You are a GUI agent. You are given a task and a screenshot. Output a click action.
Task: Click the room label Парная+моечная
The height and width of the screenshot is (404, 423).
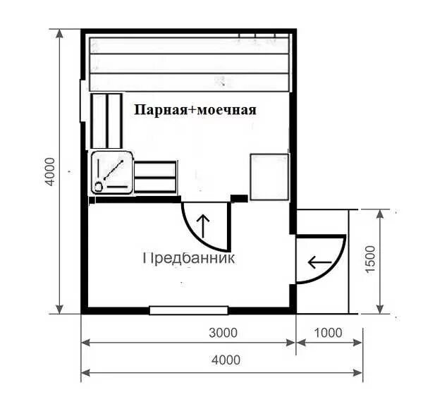click(x=195, y=110)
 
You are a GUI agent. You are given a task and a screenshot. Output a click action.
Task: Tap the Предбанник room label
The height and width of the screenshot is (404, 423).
click(x=188, y=258)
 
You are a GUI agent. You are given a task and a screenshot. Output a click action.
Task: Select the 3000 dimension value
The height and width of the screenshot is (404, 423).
click(x=223, y=333)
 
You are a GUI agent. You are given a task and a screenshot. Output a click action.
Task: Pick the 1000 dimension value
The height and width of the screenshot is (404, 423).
click(x=328, y=333)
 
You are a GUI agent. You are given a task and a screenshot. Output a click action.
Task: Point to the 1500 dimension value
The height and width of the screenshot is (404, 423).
click(x=370, y=259)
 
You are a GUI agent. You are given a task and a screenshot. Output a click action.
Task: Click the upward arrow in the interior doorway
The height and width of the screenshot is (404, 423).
click(x=203, y=226)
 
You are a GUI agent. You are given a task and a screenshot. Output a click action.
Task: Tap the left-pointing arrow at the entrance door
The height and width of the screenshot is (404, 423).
click(x=319, y=262)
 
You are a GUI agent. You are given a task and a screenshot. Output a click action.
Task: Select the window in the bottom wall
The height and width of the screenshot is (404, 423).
click(x=189, y=310)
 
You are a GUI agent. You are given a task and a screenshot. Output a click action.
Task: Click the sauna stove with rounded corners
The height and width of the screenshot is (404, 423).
click(x=112, y=172)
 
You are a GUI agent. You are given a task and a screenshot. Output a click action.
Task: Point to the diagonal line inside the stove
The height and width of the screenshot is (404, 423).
click(x=114, y=170)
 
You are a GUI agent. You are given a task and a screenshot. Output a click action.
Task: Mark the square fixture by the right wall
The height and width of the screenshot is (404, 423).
click(x=269, y=177)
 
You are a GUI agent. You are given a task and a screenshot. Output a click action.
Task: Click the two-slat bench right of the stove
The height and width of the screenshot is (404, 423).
click(x=155, y=177)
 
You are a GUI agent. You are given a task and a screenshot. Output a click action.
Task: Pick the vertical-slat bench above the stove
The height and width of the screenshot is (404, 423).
click(x=106, y=121)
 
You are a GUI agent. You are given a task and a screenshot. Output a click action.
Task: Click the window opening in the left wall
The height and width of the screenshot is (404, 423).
click(x=82, y=101)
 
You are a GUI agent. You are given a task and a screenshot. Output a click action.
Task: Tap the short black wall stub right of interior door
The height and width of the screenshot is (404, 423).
click(x=239, y=198)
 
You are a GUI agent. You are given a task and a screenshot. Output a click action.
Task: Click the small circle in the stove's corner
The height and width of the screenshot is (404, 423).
click(x=99, y=186)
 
